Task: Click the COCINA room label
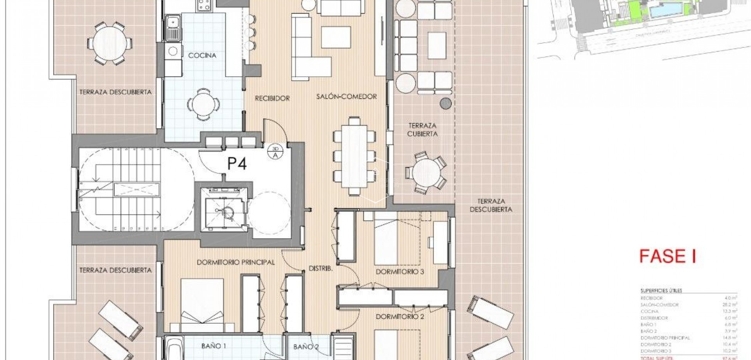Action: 202,56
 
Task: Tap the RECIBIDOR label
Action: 272,98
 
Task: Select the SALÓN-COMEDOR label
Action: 347,96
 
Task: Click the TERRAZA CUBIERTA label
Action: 422,130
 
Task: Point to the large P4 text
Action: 237,164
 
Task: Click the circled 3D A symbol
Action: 275,152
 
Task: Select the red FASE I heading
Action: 667,256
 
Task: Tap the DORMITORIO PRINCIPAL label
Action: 235,263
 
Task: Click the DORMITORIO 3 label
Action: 400,272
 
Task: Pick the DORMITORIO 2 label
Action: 400,317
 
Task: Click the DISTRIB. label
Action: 321,269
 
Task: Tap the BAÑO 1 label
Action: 214,346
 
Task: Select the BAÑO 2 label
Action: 306,347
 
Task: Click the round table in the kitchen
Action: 203,104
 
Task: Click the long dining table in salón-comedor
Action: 354,156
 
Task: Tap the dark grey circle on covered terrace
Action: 446,103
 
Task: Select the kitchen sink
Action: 172,27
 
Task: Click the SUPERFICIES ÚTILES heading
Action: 661,290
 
